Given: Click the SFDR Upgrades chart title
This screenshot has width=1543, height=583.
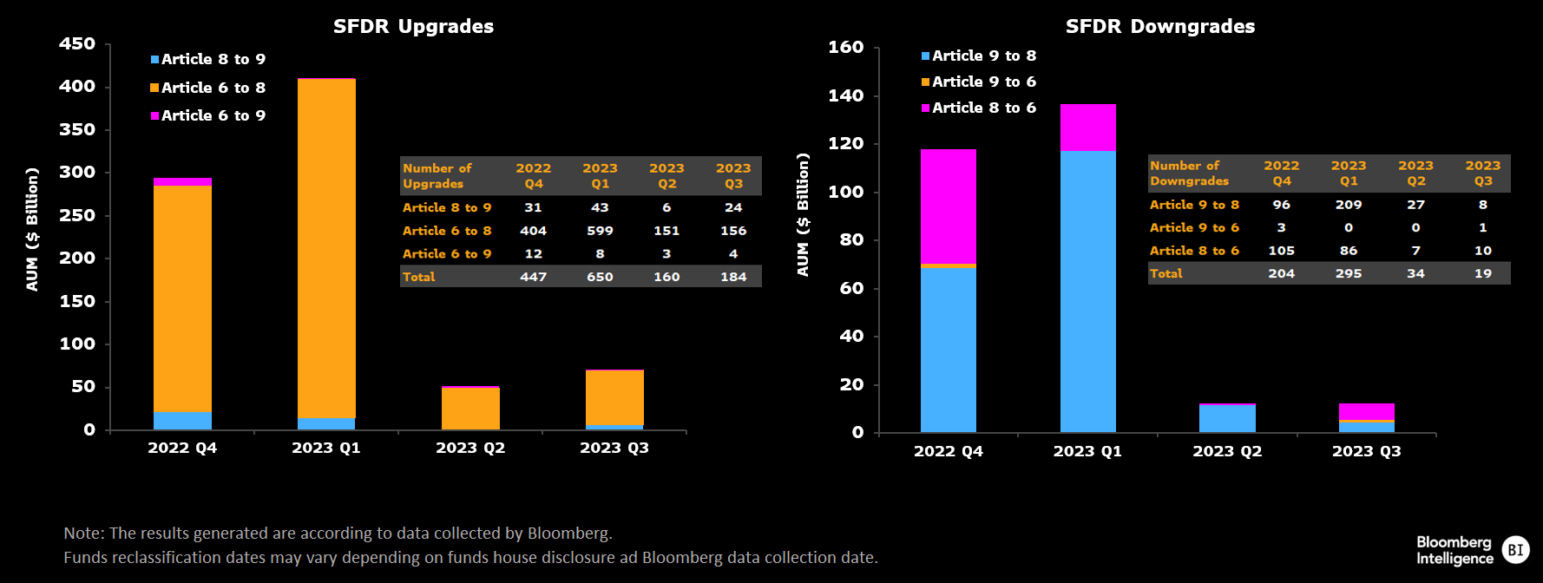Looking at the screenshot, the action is [x=413, y=26].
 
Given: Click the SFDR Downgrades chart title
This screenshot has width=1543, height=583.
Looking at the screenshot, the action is [x=1160, y=26].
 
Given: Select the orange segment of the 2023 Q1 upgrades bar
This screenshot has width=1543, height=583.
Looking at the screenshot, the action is [x=326, y=249].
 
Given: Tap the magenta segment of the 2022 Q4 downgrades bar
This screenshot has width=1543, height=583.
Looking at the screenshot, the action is [x=949, y=206].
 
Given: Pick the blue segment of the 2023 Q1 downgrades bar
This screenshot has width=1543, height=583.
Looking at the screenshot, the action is [x=1088, y=291].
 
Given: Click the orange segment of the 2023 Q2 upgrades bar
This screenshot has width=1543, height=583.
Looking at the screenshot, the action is [x=470, y=409].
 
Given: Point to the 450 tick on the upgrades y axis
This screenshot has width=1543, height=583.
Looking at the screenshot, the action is [x=77, y=43].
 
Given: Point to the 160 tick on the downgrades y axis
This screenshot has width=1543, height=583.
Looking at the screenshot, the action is [x=846, y=47].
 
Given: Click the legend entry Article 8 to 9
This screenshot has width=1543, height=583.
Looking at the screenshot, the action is [x=208, y=59].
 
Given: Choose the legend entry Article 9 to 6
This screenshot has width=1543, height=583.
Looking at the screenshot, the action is [x=979, y=82].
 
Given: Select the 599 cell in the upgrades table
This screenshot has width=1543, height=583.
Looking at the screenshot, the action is [x=600, y=231].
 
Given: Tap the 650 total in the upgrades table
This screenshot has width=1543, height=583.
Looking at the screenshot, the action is [x=600, y=277].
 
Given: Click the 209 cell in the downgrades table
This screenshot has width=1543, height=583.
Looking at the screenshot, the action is [x=1349, y=205].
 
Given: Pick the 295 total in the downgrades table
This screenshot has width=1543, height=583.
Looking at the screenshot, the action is [x=1349, y=273].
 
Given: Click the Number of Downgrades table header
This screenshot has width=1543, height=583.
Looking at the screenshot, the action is [x=1190, y=174].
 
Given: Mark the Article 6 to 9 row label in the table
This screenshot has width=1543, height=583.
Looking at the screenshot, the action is [x=447, y=254].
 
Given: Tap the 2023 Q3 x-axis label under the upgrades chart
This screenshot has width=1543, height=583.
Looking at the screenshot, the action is [x=614, y=448].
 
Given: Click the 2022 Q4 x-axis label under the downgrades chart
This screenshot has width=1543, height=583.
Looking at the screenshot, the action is [x=949, y=451].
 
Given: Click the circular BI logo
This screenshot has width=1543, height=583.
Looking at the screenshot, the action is [x=1515, y=550].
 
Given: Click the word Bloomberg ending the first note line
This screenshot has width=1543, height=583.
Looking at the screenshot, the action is [x=568, y=533].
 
